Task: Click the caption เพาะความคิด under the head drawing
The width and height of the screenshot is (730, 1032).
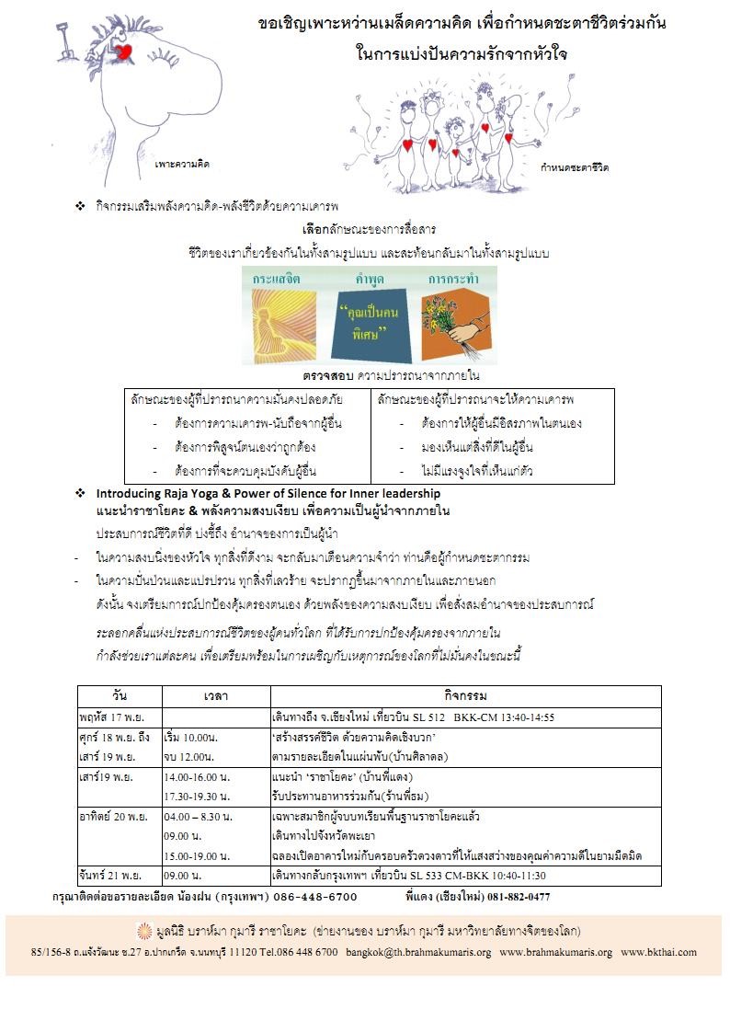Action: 182,164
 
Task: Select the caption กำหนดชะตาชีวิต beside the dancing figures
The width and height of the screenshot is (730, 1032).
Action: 576,168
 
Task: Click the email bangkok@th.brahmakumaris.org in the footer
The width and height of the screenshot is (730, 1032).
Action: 418,952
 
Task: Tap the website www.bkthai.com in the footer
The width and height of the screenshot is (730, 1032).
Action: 658,952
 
